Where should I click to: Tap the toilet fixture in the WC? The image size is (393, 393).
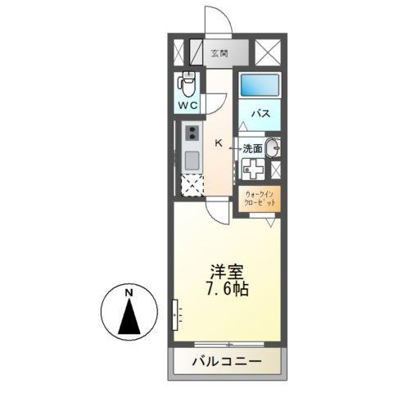[x=188, y=84]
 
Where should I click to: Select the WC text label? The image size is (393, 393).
[x=188, y=106]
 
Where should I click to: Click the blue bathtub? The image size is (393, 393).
[x=260, y=84]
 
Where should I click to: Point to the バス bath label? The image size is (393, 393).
[x=260, y=114]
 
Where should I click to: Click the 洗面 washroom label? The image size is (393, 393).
[x=251, y=148]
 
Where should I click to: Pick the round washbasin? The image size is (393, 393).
[x=273, y=148]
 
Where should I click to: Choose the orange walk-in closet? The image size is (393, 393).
[x=260, y=197]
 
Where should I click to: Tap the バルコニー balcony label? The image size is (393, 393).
[x=227, y=361]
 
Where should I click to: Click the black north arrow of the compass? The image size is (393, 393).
[x=129, y=318]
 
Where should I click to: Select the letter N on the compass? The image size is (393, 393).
[x=129, y=292]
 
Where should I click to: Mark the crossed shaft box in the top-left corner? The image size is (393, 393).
[x=180, y=53]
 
